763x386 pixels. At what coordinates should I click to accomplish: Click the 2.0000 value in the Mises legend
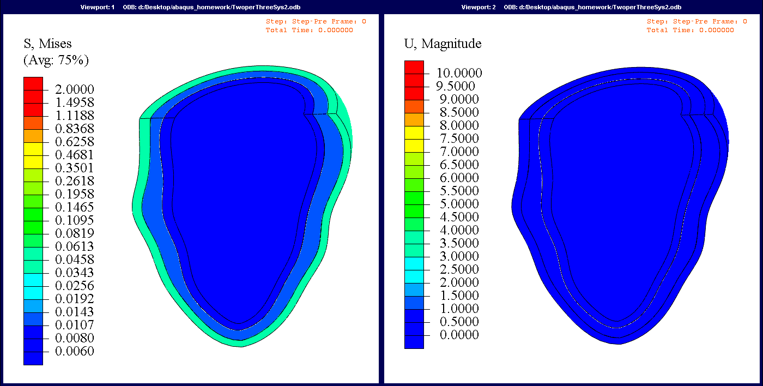(x=75, y=89)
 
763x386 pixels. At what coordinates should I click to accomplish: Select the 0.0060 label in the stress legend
(x=75, y=351)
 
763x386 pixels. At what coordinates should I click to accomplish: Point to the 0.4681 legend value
(x=75, y=155)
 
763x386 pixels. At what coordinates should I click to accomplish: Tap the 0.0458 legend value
(x=75, y=260)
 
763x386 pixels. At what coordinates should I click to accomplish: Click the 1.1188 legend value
(x=75, y=116)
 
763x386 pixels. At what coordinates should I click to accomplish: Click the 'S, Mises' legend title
(x=47, y=44)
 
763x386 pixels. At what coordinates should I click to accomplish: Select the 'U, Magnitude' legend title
(x=443, y=44)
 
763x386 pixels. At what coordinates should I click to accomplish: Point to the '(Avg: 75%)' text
(x=56, y=59)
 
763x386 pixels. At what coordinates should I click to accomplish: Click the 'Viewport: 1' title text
(x=98, y=7)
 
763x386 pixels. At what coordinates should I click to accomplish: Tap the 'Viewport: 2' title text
(x=479, y=7)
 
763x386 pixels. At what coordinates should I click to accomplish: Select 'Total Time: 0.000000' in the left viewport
(x=309, y=30)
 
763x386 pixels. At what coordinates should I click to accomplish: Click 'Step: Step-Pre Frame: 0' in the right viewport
(x=697, y=22)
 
